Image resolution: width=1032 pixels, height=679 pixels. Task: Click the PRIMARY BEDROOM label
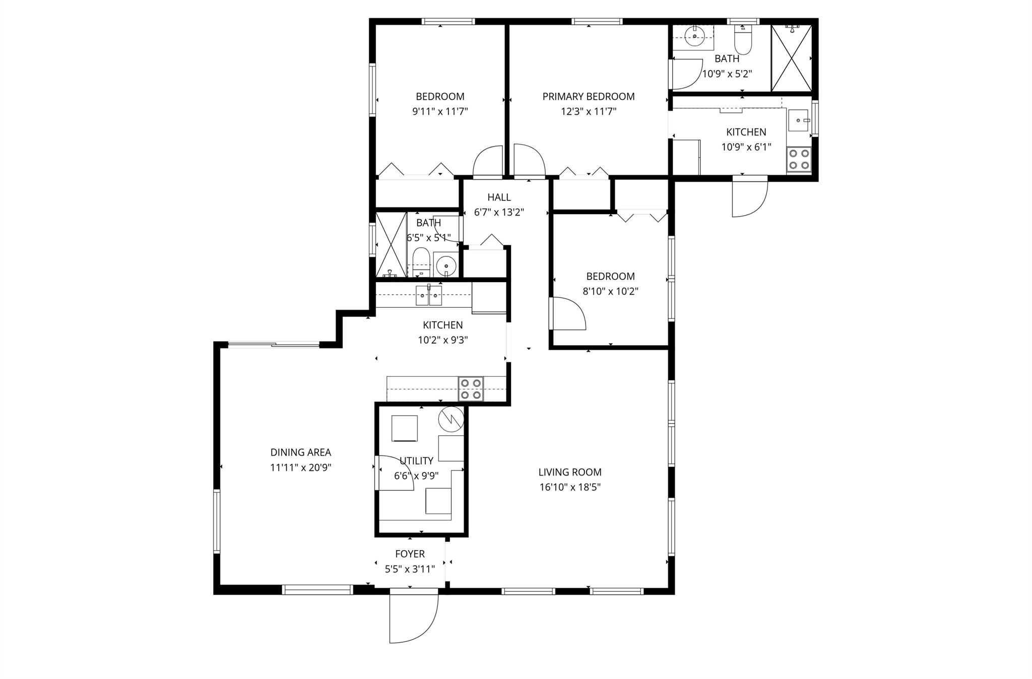pos(588,96)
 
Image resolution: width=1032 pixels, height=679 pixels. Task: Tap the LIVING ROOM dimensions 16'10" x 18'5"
pos(569,487)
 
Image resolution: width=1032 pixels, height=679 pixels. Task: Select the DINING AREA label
pos(300,452)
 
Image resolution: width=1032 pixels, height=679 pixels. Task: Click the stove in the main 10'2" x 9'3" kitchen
pos(471,389)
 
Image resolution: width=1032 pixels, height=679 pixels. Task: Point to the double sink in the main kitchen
pos(429,296)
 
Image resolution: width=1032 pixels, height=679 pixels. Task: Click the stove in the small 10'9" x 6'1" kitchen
pos(799,159)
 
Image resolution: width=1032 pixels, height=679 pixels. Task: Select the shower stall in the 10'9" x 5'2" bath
pos(792,58)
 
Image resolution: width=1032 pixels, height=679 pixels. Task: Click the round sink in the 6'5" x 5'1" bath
pos(445,264)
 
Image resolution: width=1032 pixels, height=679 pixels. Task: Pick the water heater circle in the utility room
pos(450,419)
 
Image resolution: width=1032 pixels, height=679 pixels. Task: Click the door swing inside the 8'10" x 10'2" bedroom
pos(568,313)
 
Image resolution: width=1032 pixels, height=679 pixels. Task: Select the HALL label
pos(499,197)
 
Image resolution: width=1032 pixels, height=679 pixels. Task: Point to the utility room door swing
pos(394,472)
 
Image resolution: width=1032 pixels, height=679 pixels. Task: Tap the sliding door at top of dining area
pos(274,345)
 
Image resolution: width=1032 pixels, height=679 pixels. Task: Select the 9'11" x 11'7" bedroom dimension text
pos(440,111)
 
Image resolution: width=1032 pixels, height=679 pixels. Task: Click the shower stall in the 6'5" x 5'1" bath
pos(392,245)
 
